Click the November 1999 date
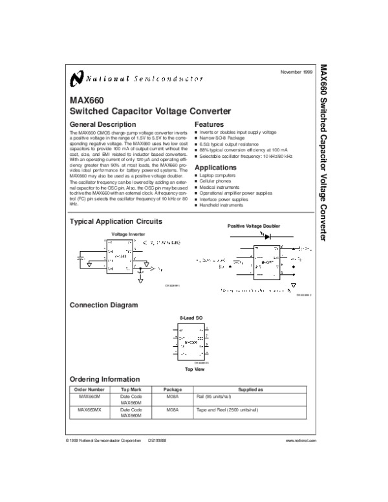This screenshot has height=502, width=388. (x=296, y=71)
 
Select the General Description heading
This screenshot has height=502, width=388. (x=102, y=124)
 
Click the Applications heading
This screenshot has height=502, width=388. (x=215, y=167)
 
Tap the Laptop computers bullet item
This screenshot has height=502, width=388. (x=219, y=175)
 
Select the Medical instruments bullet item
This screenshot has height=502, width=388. (x=221, y=187)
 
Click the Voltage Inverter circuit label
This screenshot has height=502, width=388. (x=128, y=234)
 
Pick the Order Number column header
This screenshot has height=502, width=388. (x=89, y=390)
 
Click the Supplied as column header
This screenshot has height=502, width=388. (x=251, y=390)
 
